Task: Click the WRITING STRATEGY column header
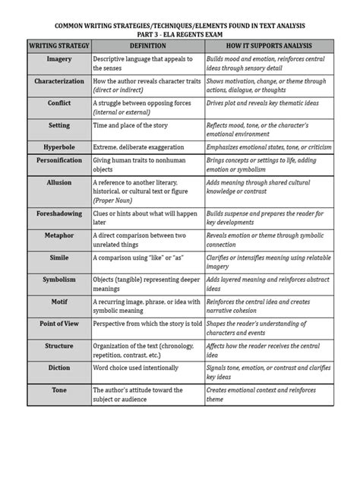coord(58,44)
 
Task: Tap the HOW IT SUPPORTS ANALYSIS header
coord(268,44)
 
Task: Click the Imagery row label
coord(58,58)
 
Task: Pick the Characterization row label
coord(58,80)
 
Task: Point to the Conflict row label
coord(58,101)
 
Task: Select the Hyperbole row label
coord(58,144)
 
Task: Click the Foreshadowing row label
coord(58,214)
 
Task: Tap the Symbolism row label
coord(58,279)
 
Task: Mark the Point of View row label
coord(58,323)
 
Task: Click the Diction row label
coord(58,368)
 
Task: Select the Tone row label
coord(58,390)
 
